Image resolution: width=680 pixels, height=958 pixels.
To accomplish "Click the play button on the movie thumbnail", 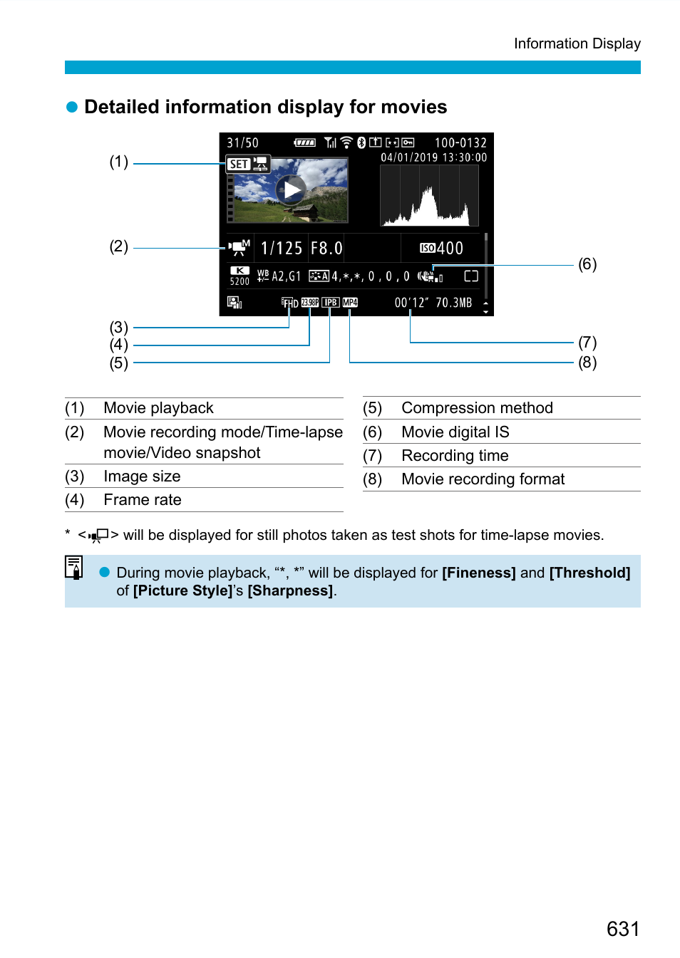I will [x=291, y=190].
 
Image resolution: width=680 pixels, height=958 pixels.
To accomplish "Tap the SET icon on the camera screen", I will [x=238, y=165].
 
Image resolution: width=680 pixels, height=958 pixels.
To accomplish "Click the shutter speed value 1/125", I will [x=282, y=248].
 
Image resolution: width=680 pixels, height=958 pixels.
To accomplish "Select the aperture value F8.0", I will [x=326, y=248].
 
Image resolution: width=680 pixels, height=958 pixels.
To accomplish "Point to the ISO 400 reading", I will [x=442, y=248].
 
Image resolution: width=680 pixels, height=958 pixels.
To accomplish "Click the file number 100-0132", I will [x=460, y=143].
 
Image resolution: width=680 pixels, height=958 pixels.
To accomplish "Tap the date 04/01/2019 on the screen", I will [x=409, y=157].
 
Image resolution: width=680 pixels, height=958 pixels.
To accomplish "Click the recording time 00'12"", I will [x=411, y=303].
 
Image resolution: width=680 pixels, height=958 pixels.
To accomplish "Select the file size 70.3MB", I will [x=454, y=303].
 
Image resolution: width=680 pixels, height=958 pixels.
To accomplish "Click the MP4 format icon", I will [x=350, y=303].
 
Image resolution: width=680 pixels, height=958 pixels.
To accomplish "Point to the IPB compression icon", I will [x=330, y=303].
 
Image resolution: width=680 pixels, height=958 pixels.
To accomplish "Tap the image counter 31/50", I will [x=242, y=143].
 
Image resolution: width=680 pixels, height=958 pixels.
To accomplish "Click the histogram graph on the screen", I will [x=429, y=197].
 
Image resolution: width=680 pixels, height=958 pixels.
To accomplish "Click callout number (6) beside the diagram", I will [x=587, y=264].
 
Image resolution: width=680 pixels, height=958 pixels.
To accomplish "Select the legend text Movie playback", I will [x=158, y=408].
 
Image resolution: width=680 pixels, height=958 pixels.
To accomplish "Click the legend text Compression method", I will [x=477, y=408].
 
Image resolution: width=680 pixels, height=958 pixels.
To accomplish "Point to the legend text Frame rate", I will [x=143, y=500].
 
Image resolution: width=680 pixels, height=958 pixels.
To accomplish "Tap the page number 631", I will [x=623, y=929].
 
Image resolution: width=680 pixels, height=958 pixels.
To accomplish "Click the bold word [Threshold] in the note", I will [x=589, y=573].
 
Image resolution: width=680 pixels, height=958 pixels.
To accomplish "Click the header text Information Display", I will [x=577, y=44].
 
